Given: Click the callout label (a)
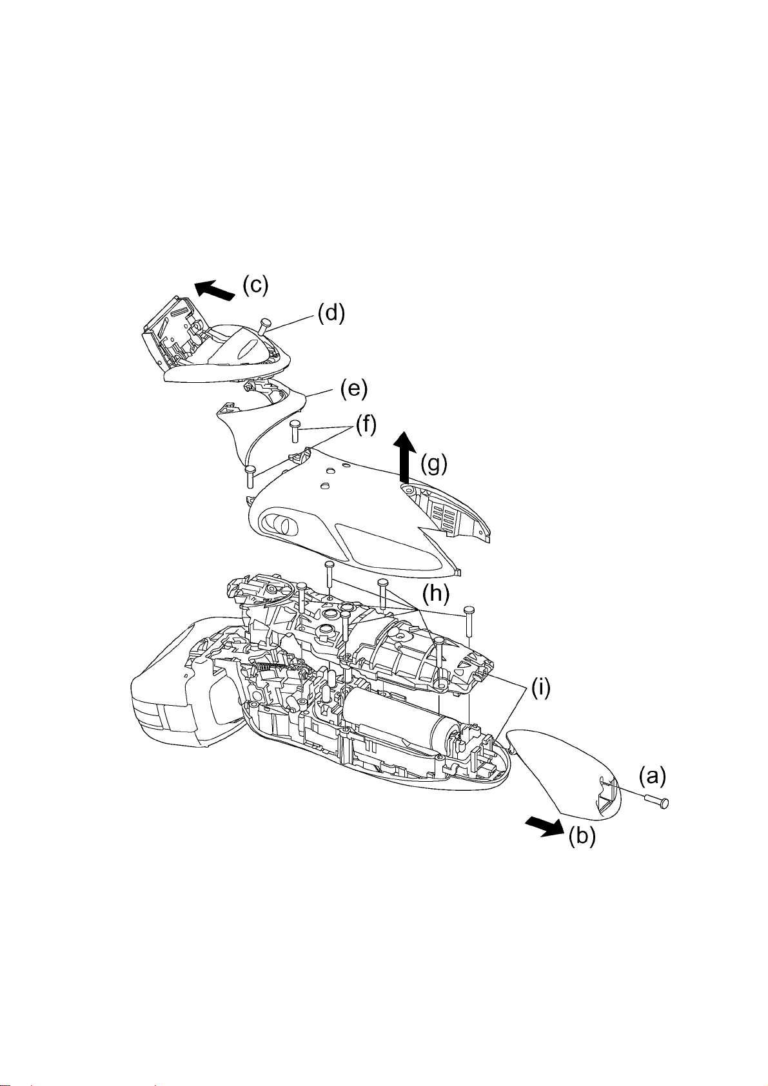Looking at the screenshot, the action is pos(652,777).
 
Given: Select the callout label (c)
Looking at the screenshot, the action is pos(255,286).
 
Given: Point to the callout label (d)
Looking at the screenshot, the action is pos(331,314).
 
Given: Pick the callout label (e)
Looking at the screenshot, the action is pos(353,389).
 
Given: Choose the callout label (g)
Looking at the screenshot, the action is pos(434,465).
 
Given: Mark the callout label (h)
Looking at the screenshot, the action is pos(435,594).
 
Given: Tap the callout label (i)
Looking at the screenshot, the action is pos(541,688).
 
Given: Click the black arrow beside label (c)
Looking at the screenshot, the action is pos(215,291).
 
